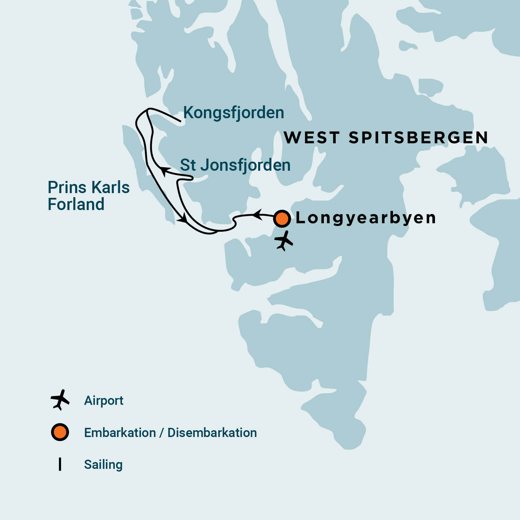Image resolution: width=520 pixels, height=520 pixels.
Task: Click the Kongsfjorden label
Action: (x=233, y=113)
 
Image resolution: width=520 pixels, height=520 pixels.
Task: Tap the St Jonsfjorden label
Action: (x=235, y=165)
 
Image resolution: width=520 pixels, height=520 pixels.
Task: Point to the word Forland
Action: (x=76, y=204)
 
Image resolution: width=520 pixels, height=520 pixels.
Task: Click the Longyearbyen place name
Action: (x=366, y=218)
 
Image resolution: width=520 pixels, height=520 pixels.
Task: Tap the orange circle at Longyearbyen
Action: (x=282, y=219)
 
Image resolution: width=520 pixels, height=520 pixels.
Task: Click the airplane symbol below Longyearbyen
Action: (x=284, y=241)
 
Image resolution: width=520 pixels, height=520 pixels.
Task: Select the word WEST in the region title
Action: (x=312, y=138)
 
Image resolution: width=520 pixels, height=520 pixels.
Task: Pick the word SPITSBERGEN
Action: (x=418, y=138)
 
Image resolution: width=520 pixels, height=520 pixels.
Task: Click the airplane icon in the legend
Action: (x=60, y=400)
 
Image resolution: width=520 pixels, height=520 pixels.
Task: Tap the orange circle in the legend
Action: (x=60, y=432)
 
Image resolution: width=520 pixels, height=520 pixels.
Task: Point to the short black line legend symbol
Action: (x=60, y=464)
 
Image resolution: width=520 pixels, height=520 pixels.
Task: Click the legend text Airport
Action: (x=104, y=400)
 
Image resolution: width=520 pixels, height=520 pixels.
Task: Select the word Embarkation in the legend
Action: (x=120, y=433)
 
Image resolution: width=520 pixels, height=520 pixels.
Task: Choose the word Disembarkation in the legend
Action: (x=212, y=433)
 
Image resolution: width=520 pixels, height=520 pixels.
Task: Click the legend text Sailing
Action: (x=103, y=464)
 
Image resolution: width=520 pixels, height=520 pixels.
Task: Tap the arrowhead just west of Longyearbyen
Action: (x=258, y=214)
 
